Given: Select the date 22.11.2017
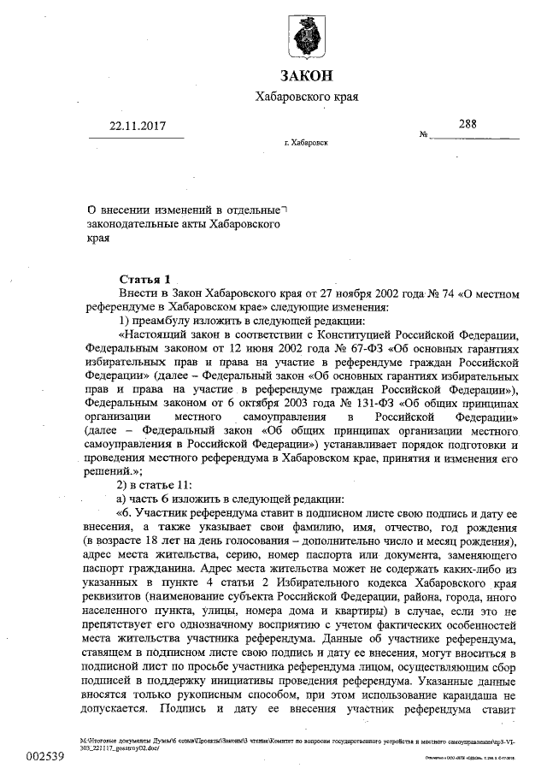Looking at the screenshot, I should tap(138, 126).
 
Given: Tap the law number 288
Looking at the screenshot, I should tap(468, 123).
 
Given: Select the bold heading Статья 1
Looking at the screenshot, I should tap(144, 279).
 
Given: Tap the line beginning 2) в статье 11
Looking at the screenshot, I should tap(149, 484).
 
